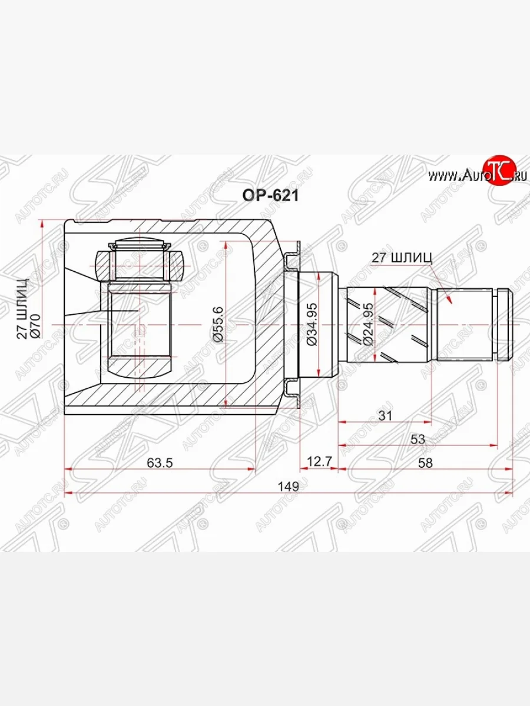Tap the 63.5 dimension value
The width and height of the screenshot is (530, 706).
click(x=160, y=462)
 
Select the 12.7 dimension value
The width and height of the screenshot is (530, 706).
click(x=318, y=462)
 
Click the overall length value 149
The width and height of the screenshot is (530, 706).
click(x=288, y=487)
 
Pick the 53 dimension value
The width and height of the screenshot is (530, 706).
click(x=418, y=439)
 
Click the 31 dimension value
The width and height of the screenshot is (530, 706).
click(x=385, y=415)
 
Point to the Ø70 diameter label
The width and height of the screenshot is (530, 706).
click(x=34, y=325)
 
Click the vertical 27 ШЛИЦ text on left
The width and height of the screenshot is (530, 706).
click(x=22, y=309)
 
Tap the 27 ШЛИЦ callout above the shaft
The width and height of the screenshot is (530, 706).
click(x=402, y=257)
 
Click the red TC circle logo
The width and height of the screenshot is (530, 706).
click(x=498, y=171)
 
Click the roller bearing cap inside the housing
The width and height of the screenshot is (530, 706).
click(x=140, y=244)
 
